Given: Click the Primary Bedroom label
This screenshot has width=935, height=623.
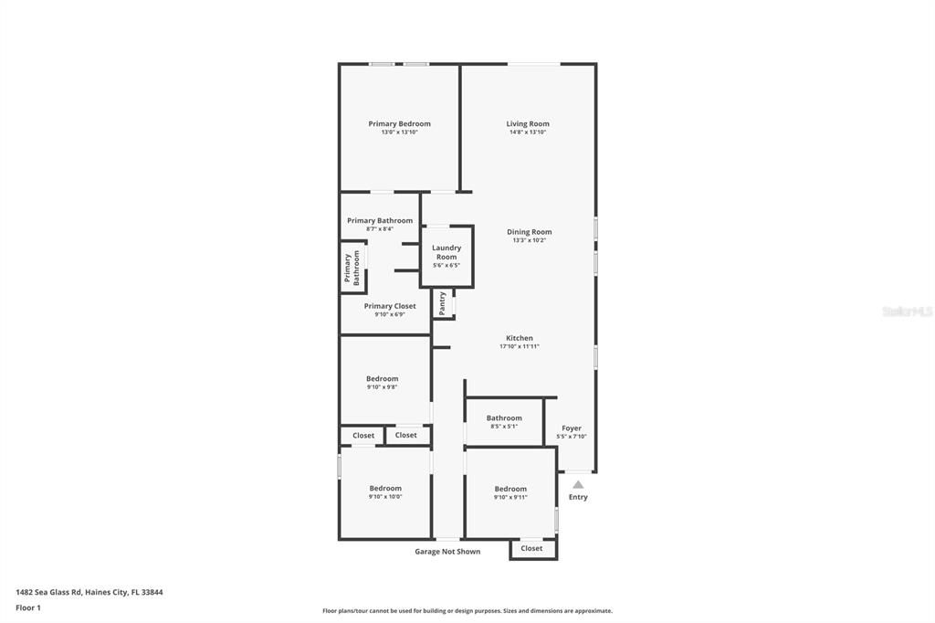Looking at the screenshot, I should pyautogui.click(x=399, y=124).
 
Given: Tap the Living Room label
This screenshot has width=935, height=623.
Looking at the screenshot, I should pyautogui.click(x=528, y=124).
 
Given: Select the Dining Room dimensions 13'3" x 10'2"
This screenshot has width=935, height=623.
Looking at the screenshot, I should pyautogui.click(x=529, y=240).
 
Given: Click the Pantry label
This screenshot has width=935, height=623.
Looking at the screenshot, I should pyautogui.click(x=443, y=303).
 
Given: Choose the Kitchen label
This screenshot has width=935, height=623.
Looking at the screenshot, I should pyautogui.click(x=520, y=338).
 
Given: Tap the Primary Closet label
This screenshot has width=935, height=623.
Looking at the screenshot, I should pyautogui.click(x=390, y=306).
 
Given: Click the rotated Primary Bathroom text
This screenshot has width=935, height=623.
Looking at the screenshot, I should pyautogui.click(x=352, y=269).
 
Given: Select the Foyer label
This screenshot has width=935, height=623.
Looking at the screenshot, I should pyautogui.click(x=572, y=428).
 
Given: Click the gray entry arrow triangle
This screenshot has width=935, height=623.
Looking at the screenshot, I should pyautogui.click(x=578, y=485).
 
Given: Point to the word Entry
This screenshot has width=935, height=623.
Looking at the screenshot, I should pyautogui.click(x=578, y=497).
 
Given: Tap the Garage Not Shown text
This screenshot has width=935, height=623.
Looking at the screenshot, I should pyautogui.click(x=447, y=552).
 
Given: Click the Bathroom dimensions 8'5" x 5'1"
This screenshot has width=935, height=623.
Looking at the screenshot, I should pyautogui.click(x=504, y=427).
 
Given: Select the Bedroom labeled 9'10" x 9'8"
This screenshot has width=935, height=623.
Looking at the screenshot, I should pyautogui.click(x=383, y=379).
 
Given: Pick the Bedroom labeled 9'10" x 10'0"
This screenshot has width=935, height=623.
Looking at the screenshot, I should pyautogui.click(x=385, y=489).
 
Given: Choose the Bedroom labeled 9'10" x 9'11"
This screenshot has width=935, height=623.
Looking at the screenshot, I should pyautogui.click(x=510, y=489).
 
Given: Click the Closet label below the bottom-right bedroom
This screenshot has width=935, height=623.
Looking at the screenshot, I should pyautogui.click(x=532, y=548).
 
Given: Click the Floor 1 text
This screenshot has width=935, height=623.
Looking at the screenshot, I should pyautogui.click(x=28, y=607).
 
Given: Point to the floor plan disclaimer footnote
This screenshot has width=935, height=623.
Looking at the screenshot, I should pyautogui.click(x=467, y=611).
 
